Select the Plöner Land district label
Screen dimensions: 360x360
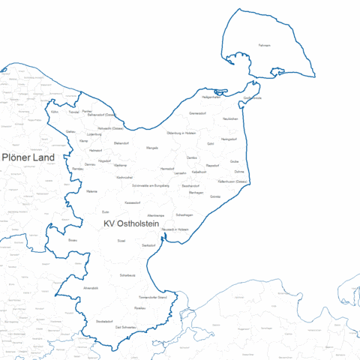pos(28,157)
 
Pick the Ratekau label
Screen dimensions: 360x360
pos(139,309)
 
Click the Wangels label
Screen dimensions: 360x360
pos(152,148)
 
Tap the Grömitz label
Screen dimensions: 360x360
pos(216,196)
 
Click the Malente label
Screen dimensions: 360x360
pos(91,192)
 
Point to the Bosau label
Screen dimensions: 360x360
pos(73,240)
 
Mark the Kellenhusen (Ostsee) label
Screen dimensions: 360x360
pos(232,181)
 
